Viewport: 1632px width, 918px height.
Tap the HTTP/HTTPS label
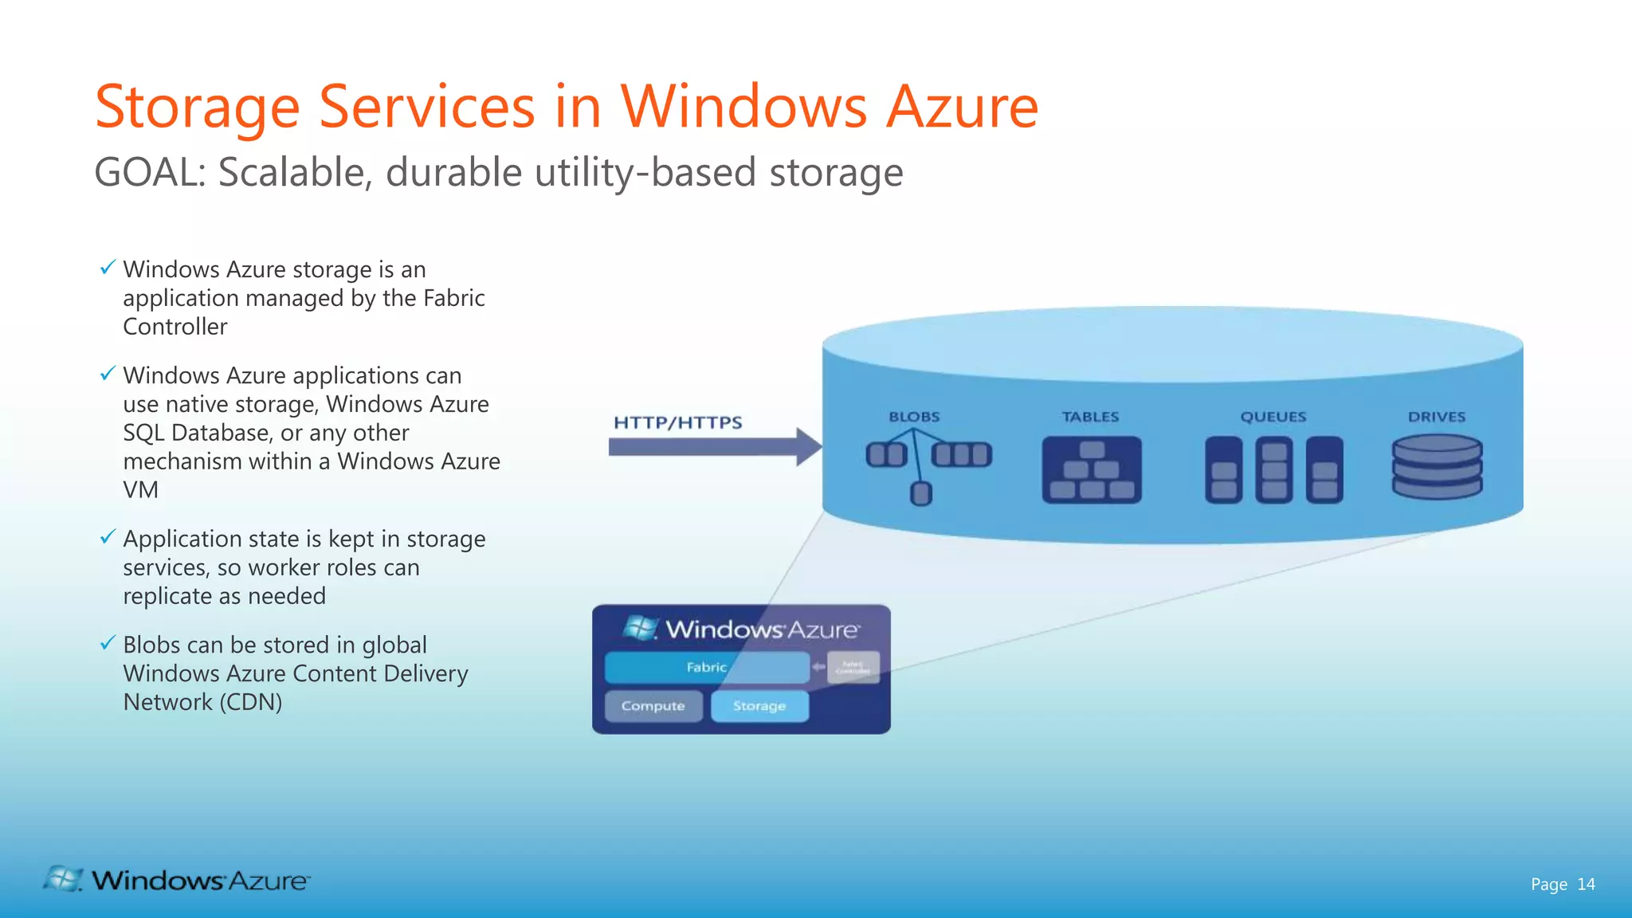pyautogui.click(x=677, y=422)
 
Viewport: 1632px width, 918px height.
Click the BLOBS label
pyautogui.click(x=914, y=417)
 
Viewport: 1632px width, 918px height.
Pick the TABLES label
pyautogui.click(x=1090, y=417)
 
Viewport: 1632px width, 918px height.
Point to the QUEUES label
pyautogui.click(x=1273, y=417)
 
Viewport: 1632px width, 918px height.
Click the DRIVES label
pyautogui.click(x=1436, y=417)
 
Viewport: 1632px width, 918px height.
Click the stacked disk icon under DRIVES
pyautogui.click(x=1437, y=467)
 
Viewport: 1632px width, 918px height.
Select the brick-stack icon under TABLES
pyautogui.click(x=1091, y=470)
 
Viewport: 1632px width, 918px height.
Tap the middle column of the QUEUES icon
pyautogui.click(x=1273, y=470)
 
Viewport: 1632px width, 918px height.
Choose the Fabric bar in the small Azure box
pyautogui.click(x=707, y=667)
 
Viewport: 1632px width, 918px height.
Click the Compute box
pyautogui.click(x=653, y=706)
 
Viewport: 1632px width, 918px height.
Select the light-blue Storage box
pyautogui.click(x=759, y=706)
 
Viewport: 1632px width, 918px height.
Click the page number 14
pyautogui.click(x=1586, y=884)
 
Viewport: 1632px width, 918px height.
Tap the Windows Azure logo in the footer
pyautogui.click(x=177, y=880)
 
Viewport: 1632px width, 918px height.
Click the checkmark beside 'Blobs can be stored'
pyautogui.click(x=108, y=643)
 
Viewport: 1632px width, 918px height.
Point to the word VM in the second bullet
pyautogui.click(x=140, y=490)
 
